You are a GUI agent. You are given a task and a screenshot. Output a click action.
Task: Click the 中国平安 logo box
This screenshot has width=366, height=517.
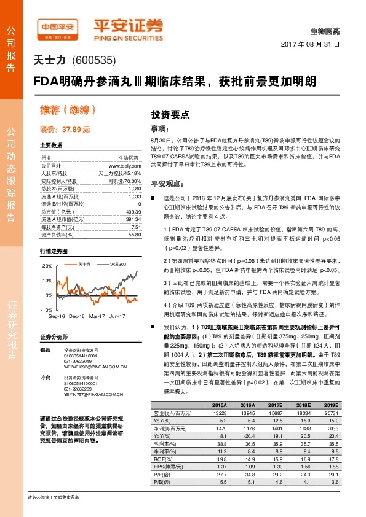click(x=59, y=27)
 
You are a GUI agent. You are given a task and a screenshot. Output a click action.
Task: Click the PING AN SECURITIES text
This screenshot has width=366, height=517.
click(x=128, y=35)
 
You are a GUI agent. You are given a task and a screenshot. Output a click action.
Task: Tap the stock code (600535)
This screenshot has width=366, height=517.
click(x=93, y=60)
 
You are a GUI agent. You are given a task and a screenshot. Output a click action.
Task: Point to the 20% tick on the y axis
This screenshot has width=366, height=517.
click(x=48, y=266)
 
